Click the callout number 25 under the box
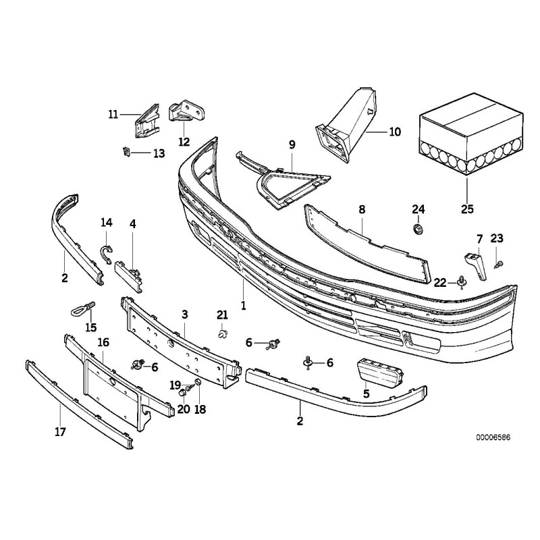(x=468, y=209)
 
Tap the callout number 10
(x=395, y=132)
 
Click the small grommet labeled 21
(x=222, y=333)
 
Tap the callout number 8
(x=362, y=210)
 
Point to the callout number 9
(x=292, y=144)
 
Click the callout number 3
(x=184, y=315)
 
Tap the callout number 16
(x=103, y=343)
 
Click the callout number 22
(x=439, y=282)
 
